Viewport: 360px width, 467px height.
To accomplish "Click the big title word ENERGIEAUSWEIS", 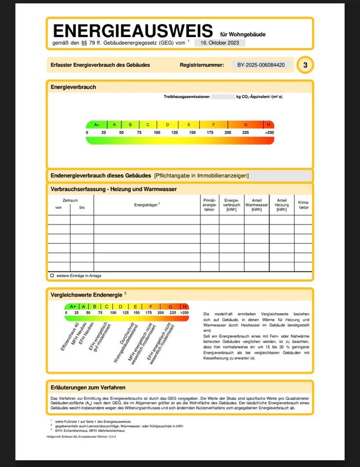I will (132, 31).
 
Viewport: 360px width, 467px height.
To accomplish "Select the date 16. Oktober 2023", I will (220, 43).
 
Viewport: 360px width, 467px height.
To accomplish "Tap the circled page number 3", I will (305, 65).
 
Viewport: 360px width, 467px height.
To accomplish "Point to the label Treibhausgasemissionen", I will (187, 97).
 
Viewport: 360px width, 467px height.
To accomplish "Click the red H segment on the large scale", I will (269, 125).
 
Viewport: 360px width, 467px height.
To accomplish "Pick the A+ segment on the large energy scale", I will (96, 125).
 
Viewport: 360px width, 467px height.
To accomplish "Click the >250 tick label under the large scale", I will (269, 132).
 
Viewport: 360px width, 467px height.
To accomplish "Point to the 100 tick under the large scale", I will (157, 132).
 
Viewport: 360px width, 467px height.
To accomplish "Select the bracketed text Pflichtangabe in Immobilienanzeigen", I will (201, 176).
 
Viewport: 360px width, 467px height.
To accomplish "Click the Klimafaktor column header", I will (304, 204).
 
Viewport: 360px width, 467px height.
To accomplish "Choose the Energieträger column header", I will (147, 205).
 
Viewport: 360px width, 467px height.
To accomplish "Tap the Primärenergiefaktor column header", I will (209, 205).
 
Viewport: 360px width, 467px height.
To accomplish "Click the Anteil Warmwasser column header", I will (256, 205).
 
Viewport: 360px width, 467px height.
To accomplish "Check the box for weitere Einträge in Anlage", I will (52, 275).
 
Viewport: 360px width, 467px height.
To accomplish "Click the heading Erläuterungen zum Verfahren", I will (88, 388).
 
